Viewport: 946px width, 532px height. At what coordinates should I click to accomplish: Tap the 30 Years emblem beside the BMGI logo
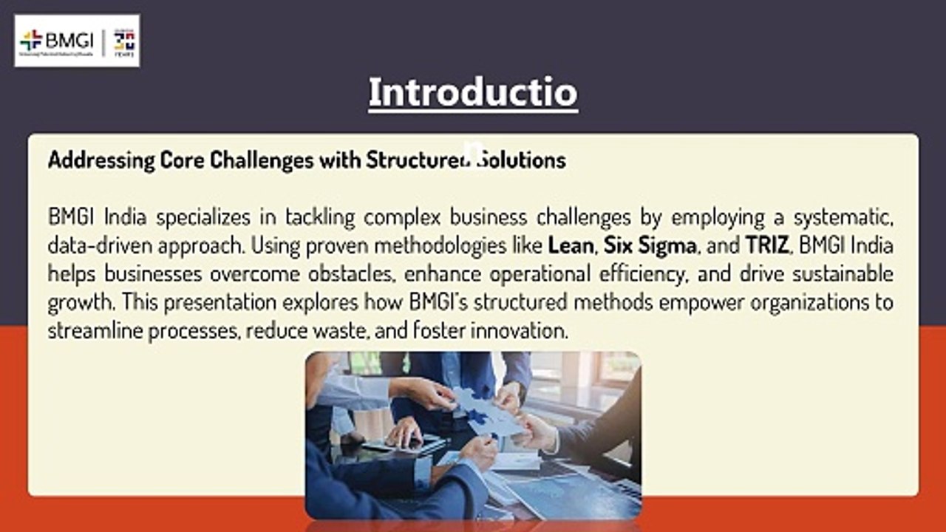click(124, 41)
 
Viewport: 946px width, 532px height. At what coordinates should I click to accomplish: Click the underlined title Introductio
click(473, 93)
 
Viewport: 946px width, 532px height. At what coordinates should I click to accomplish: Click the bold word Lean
click(571, 245)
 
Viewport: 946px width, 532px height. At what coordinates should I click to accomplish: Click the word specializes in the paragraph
click(200, 217)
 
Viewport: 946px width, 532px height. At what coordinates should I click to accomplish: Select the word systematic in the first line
click(845, 217)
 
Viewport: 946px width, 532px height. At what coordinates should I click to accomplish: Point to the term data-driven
click(92, 245)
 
